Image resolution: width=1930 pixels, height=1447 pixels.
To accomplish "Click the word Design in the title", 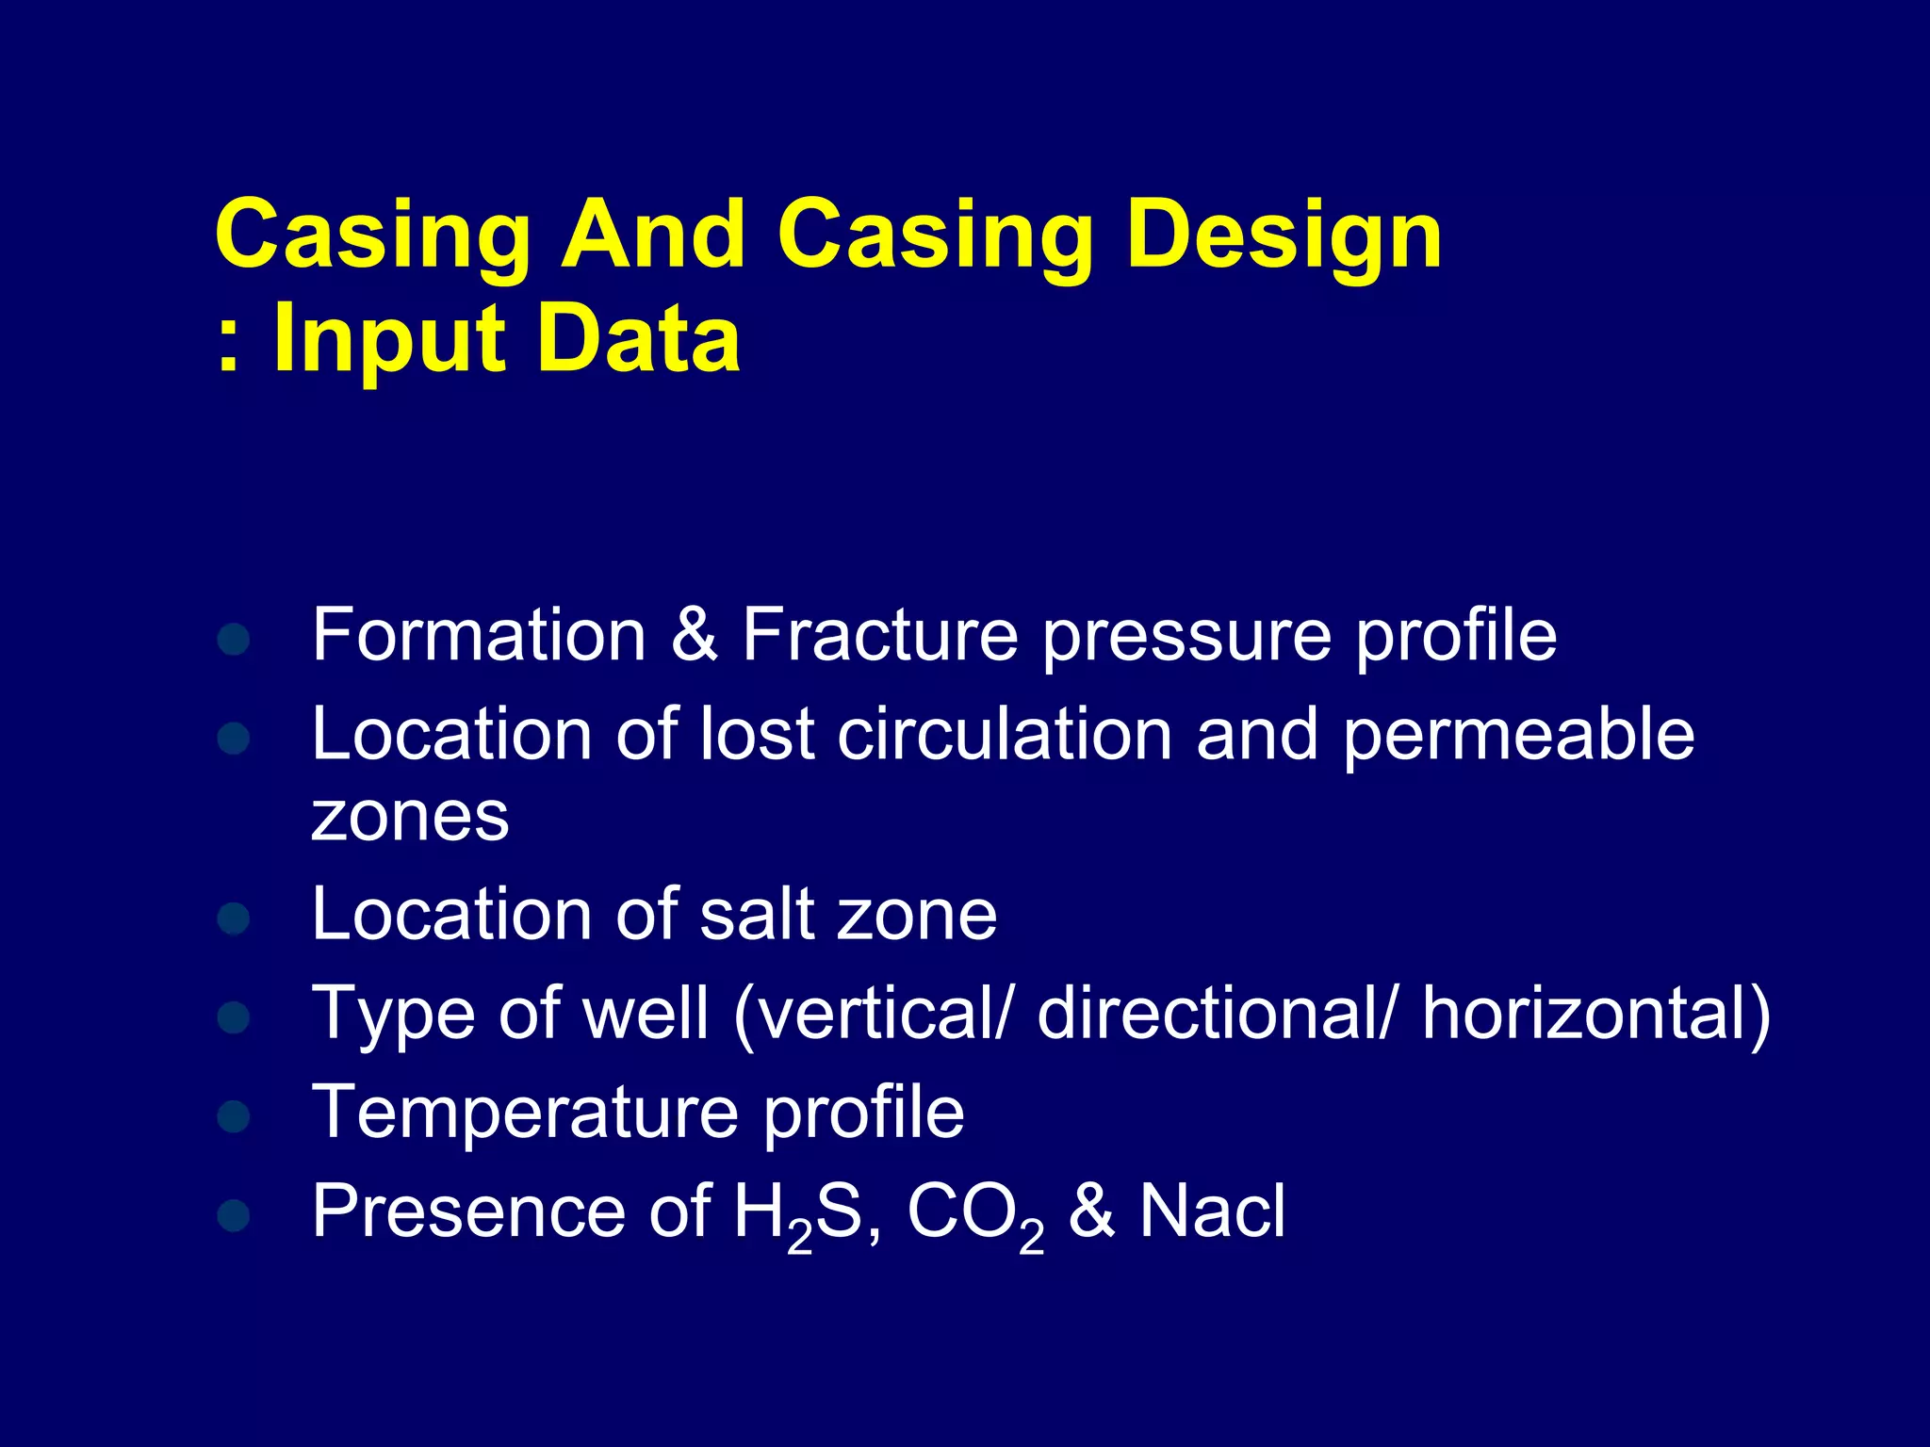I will coord(1284,237).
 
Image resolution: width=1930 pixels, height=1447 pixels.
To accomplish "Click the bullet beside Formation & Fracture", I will coord(233,640).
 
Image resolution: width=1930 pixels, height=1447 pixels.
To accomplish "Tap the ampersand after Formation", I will coord(695,635).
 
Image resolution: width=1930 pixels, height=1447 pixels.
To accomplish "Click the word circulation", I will coord(1005,734).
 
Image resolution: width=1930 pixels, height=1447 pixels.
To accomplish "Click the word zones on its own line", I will coord(410,817).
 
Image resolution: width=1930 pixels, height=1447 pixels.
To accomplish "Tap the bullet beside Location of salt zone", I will coord(233,918).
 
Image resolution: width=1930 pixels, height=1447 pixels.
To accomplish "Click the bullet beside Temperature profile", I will coord(233,1116).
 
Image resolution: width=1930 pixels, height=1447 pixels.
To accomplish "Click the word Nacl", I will coord(1212,1211).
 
